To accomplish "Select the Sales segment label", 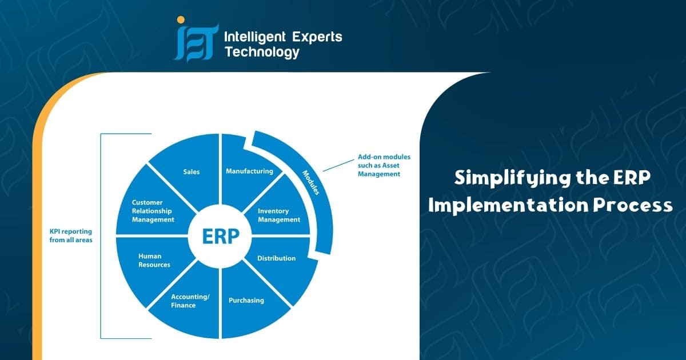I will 192,171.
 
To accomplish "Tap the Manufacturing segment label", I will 249,171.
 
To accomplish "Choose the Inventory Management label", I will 278,215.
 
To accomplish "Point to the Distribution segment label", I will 276,258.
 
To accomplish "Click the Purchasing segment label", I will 246,300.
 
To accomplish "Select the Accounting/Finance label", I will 183,301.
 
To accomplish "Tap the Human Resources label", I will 154,261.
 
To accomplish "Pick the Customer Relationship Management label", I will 153,211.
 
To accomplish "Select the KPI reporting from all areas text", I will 71,236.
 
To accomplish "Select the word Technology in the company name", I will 262,53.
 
